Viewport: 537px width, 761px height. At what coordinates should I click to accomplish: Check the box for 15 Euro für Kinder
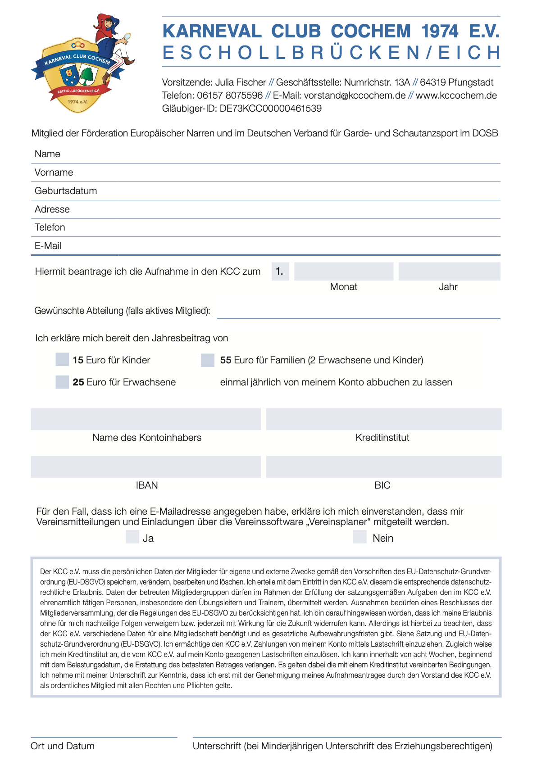(x=62, y=360)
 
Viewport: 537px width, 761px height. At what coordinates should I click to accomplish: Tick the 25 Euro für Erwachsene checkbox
(x=62, y=382)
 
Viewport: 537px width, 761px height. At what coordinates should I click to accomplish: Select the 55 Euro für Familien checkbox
(x=208, y=360)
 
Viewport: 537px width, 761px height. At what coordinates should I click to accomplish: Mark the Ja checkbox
(x=132, y=537)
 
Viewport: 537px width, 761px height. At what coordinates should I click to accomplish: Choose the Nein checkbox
(x=360, y=537)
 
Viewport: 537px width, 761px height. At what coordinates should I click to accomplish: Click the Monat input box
(x=343, y=272)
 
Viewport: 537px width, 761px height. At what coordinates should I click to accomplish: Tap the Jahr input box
(x=449, y=272)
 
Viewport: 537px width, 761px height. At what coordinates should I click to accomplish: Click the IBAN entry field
(x=146, y=467)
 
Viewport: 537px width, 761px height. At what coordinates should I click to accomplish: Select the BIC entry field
(x=383, y=467)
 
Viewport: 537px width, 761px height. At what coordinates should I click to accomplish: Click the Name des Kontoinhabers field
(x=146, y=419)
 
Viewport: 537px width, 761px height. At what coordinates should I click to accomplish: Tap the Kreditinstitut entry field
(x=383, y=419)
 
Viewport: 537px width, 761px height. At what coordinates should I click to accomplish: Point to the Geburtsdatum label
(x=66, y=191)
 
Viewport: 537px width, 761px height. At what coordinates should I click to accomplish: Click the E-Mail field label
(x=48, y=246)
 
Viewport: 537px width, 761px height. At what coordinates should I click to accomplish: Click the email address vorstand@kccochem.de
(x=355, y=95)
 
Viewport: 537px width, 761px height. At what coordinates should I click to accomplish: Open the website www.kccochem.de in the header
(x=456, y=95)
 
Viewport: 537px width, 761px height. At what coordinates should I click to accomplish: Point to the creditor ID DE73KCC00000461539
(x=270, y=109)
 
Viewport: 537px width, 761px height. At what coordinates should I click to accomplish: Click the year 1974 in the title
(x=440, y=32)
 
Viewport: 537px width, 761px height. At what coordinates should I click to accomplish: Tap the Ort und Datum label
(x=63, y=746)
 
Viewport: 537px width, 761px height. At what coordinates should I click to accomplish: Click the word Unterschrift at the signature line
(x=217, y=746)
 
